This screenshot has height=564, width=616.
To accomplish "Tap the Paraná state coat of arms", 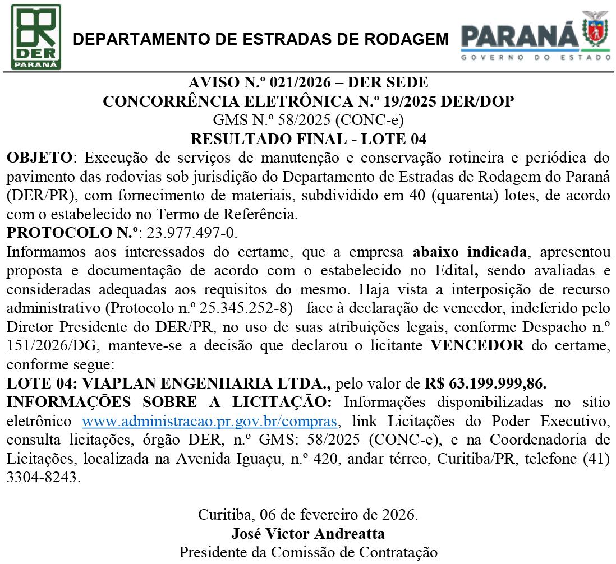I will point(596,31).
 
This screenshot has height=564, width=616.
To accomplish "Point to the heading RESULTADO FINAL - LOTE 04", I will point(308,138).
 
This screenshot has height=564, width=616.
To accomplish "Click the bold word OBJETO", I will point(39,157).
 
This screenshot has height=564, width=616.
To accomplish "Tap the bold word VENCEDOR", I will point(477,346).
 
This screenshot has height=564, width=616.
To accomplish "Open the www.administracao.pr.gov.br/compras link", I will point(210,422).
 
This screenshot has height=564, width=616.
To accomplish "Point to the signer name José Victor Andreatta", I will point(308,533).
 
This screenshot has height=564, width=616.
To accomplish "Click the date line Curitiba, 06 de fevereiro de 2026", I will point(308,514).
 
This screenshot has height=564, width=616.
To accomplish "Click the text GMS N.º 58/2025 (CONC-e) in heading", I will point(308,120).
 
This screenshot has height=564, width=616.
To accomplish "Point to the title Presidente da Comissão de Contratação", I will point(308,552).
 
